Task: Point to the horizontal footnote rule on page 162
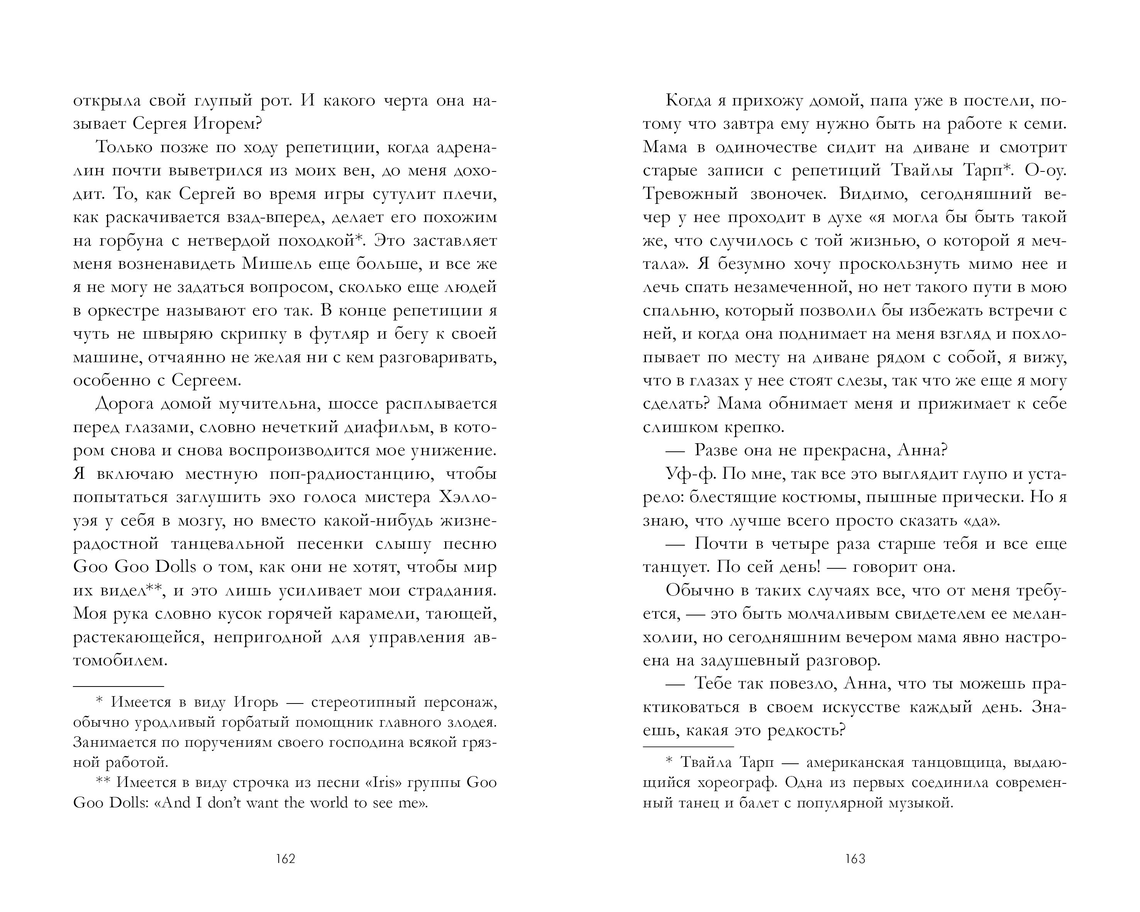point(119,686)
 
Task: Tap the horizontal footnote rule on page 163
point(688,746)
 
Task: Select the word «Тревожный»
point(690,194)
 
